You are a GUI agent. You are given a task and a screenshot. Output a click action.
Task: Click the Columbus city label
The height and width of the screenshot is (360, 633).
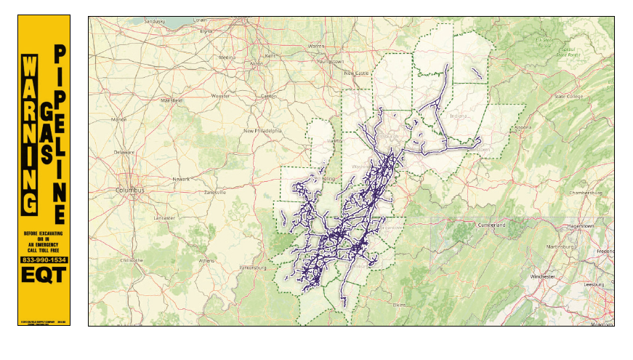(131, 190)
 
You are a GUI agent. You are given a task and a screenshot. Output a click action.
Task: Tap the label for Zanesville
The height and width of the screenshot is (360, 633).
(215, 192)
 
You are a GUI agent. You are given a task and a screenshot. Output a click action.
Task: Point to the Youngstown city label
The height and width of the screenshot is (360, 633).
(329, 62)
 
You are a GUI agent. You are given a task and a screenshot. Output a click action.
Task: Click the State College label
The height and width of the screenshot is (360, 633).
(570, 96)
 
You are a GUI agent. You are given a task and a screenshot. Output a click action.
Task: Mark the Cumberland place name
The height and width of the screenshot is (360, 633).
(491, 225)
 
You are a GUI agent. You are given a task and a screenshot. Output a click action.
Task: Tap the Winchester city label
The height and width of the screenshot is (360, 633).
(544, 277)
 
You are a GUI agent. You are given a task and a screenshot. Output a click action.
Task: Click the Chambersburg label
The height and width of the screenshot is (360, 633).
(587, 193)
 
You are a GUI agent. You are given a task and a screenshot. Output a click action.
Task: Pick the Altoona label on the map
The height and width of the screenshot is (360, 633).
(523, 127)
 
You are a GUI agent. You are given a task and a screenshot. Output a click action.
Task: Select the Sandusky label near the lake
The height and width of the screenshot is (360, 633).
(156, 22)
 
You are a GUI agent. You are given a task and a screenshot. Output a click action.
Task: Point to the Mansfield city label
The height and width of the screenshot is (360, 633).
(172, 100)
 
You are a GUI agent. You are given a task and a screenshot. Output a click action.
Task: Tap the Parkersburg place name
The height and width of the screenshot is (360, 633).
(251, 276)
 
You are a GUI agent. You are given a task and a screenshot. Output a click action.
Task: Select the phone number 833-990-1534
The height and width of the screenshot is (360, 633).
(44, 260)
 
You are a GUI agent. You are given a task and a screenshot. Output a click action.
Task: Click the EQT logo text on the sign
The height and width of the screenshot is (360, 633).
(44, 276)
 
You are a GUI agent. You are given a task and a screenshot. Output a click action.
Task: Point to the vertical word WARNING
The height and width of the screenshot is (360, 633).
(29, 134)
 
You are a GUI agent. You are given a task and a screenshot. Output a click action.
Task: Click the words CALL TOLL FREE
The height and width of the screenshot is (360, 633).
(44, 249)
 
